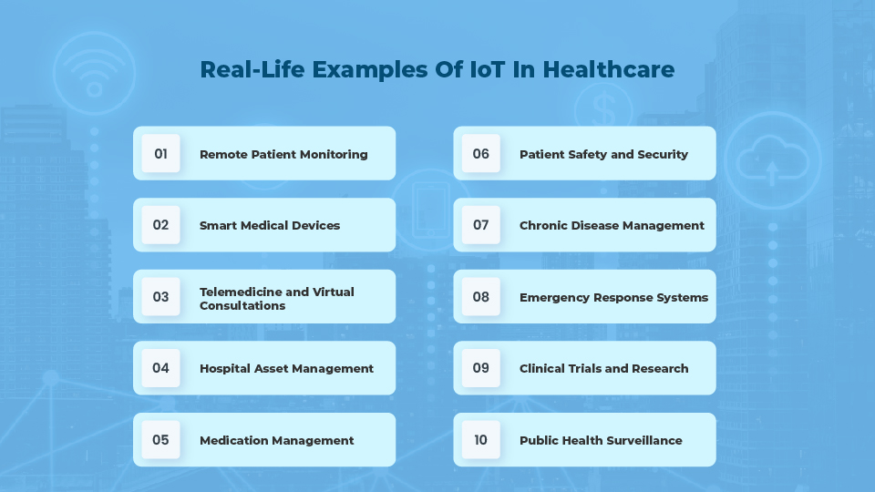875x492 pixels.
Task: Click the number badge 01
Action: click(x=161, y=153)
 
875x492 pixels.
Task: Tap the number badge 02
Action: click(x=161, y=225)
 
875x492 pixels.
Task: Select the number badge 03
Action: click(x=161, y=296)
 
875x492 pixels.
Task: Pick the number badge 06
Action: click(x=481, y=153)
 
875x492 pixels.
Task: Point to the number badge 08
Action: click(x=481, y=296)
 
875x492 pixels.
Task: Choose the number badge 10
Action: click(x=481, y=440)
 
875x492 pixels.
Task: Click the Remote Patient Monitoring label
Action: click(x=283, y=154)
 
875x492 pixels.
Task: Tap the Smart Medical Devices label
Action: click(x=270, y=225)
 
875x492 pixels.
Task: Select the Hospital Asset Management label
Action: click(x=286, y=368)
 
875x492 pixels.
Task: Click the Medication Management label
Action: click(x=276, y=440)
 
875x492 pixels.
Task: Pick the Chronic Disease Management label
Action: click(x=612, y=225)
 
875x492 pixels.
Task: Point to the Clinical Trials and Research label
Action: click(x=603, y=368)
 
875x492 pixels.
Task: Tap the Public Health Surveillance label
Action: click(x=601, y=440)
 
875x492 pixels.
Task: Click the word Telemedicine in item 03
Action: click(x=241, y=292)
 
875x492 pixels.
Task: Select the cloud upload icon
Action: click(x=771, y=162)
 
